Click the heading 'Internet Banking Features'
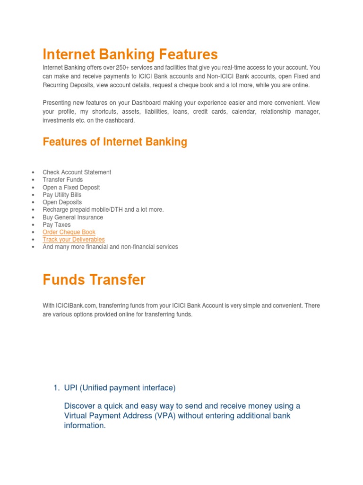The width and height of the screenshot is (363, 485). coord(130,54)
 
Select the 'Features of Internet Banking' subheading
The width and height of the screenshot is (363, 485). coord(115,142)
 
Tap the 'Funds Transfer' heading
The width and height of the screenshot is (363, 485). coord(94,280)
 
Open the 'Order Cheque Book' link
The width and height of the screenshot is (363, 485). coord(69,232)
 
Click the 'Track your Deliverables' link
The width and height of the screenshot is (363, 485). coord(74,240)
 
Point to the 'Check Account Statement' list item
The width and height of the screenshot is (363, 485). coord(77,172)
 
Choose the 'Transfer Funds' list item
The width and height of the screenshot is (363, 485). coord(62,180)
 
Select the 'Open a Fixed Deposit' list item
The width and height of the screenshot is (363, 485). coord(71,188)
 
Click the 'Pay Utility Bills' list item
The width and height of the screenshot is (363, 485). coord(62,195)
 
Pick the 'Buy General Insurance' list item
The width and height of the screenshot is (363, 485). coord(73,217)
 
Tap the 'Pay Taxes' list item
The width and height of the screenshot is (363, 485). coord(57,225)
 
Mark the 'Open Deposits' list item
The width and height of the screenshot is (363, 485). coord(62,202)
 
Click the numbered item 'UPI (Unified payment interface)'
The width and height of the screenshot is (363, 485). coord(120,388)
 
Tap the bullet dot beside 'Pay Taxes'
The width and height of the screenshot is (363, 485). coord(32,225)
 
